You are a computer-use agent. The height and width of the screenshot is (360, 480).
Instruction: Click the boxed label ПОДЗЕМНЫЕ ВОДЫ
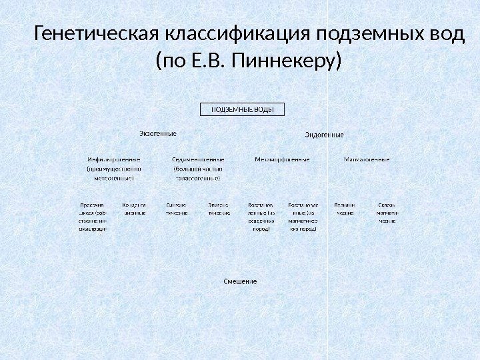tap(243, 109)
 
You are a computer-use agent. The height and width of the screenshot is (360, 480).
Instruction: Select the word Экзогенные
tap(157, 133)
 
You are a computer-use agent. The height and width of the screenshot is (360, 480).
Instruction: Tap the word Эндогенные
tap(324, 135)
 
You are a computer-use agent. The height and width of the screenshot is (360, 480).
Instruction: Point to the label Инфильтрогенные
tap(113, 160)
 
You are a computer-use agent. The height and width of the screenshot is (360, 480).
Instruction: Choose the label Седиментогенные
tap(197, 160)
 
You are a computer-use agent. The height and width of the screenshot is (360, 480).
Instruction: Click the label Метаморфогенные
tap(282, 160)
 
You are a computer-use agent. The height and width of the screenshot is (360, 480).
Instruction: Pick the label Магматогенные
tap(367, 160)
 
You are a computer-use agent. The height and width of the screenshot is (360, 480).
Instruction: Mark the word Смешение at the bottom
tap(240, 281)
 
